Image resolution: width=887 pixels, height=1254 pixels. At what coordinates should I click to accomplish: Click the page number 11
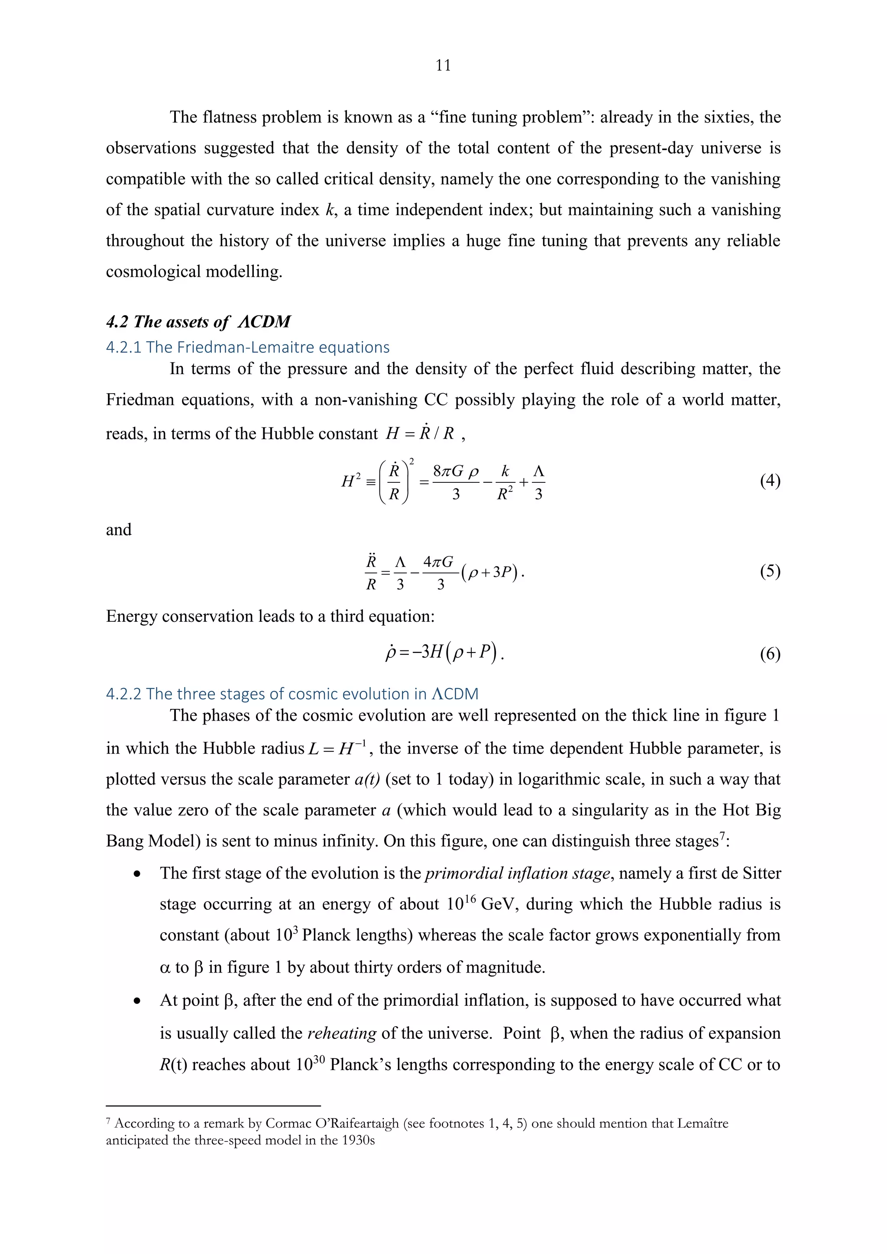(x=443, y=65)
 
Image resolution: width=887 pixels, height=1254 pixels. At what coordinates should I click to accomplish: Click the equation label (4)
(x=770, y=481)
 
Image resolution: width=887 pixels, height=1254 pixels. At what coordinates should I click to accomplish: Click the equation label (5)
(x=770, y=571)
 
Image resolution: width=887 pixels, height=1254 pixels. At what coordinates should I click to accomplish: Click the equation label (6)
(x=770, y=654)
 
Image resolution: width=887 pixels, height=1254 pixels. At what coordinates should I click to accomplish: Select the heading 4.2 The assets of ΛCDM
(x=198, y=321)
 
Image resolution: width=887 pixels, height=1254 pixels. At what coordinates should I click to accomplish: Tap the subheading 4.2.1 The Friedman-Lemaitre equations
(x=247, y=347)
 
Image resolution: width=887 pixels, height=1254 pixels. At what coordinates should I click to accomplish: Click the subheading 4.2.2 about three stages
(x=291, y=694)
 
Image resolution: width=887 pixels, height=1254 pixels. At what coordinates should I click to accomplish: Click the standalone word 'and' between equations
(x=119, y=530)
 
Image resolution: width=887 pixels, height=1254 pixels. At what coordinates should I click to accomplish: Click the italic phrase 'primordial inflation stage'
(x=517, y=873)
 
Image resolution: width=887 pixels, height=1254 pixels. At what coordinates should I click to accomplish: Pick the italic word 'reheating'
(x=342, y=1033)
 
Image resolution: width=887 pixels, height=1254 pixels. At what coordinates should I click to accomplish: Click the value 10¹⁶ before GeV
(x=462, y=904)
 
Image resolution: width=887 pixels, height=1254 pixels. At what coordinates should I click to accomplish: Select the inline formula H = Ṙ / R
(x=420, y=433)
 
